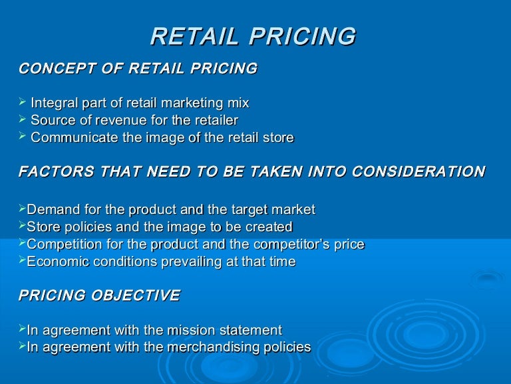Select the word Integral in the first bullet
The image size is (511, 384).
point(55,103)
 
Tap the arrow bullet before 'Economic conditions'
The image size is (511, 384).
point(22,261)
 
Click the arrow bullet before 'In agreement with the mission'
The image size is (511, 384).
point(22,329)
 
